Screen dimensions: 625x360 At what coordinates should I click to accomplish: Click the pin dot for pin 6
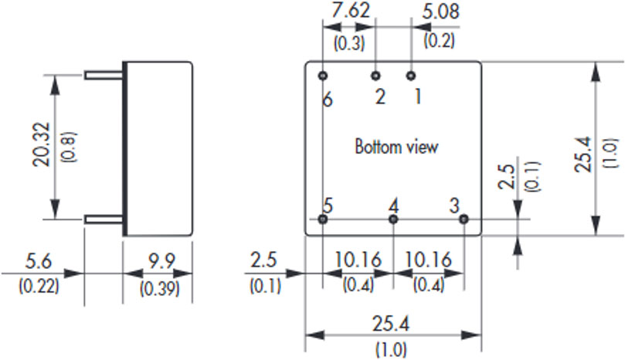[x=323, y=76]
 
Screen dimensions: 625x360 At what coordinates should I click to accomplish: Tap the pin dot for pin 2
[x=375, y=76]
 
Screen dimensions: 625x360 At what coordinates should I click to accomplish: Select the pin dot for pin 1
[x=411, y=76]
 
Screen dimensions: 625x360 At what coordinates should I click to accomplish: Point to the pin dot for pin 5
[x=323, y=219]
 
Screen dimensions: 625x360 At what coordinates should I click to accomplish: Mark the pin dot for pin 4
[x=393, y=219]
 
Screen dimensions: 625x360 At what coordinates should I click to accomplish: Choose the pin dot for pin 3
[x=464, y=219]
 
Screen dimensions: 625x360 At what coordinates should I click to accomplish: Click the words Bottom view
[x=396, y=147]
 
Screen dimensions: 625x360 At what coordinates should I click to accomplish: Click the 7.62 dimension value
[x=351, y=11]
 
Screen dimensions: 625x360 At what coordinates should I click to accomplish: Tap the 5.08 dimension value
[x=440, y=11]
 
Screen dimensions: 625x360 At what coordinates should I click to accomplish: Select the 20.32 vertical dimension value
[x=42, y=144]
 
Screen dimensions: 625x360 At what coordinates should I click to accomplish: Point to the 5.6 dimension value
[x=39, y=262]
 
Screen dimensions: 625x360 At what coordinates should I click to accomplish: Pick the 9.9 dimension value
[x=161, y=262]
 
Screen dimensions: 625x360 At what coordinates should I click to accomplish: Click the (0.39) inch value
[x=159, y=288]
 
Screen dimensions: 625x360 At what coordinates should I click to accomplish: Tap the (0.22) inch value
[x=39, y=287]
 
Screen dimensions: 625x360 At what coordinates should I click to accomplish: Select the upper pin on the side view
[x=104, y=75]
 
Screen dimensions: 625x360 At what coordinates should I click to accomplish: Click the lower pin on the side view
[x=104, y=219]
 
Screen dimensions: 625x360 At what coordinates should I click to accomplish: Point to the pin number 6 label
[x=328, y=100]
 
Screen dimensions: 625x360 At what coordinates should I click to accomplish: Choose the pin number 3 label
[x=454, y=205]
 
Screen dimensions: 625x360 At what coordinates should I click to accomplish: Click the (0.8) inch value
[x=69, y=147]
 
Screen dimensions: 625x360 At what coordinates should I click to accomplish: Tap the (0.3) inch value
[x=349, y=42]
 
